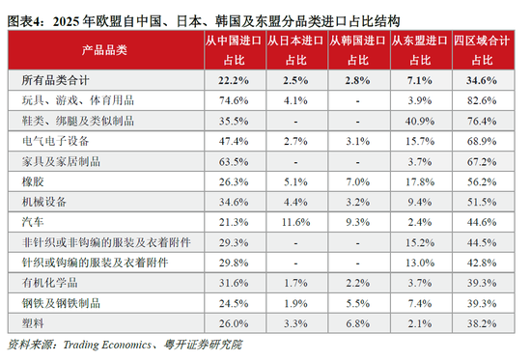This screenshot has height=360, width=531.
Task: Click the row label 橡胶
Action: (30, 181)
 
